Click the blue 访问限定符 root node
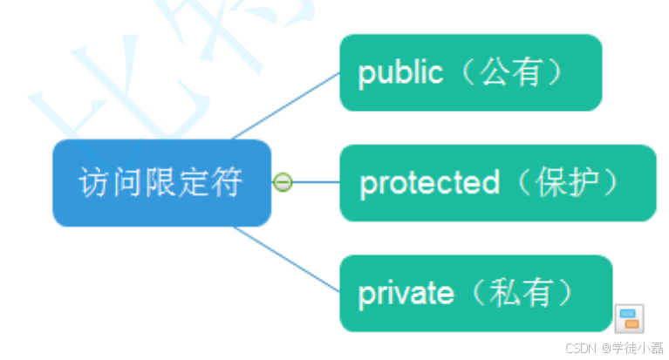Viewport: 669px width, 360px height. [x=161, y=183]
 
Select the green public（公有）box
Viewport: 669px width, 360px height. [x=470, y=73]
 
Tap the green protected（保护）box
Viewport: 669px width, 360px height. [x=497, y=183]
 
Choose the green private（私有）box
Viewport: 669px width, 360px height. [x=475, y=294]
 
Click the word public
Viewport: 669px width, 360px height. [x=400, y=73]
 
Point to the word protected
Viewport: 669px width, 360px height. [x=429, y=183]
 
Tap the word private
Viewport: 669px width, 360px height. [x=406, y=294]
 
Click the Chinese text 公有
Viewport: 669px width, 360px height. [x=510, y=73]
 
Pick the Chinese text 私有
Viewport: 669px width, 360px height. [x=522, y=294]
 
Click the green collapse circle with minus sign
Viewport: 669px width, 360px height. [x=282, y=182]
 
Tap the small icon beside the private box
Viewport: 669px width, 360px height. [x=629, y=318]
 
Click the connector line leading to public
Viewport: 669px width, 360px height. [x=288, y=105]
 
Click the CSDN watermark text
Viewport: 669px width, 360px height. [x=579, y=348]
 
